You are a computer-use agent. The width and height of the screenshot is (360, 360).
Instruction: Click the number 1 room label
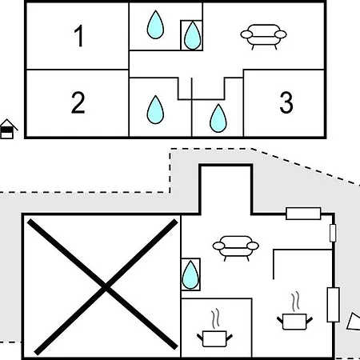coord(79,36)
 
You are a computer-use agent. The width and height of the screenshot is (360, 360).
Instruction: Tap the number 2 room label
coord(78,102)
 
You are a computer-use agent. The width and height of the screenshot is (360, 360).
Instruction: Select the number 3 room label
coord(286,102)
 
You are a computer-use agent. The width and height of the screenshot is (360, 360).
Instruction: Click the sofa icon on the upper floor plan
coord(263,37)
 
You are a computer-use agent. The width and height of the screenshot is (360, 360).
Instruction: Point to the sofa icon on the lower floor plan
coord(235,248)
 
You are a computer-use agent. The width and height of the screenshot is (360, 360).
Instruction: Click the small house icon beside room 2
coord(8,129)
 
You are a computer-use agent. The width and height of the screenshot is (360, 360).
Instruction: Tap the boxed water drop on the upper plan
coord(192,35)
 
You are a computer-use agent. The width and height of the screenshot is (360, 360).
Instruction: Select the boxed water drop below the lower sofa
coord(190,274)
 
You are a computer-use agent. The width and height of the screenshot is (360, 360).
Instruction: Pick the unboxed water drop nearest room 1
coord(155,25)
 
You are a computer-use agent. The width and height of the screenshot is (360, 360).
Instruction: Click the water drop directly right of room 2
coord(155,110)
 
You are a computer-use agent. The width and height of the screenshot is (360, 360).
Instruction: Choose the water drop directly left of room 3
coord(218,118)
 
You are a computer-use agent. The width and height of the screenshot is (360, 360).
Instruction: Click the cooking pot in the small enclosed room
coord(214,338)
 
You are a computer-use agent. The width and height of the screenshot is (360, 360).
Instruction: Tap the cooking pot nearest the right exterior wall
coord(294,322)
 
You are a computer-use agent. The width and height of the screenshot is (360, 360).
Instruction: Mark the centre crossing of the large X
coord(106,287)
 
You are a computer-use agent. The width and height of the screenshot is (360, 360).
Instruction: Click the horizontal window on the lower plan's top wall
coord(303,214)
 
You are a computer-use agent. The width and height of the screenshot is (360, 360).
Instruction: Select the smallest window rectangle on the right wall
coord(333,233)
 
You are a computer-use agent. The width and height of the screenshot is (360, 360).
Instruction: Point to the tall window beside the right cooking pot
coord(333,305)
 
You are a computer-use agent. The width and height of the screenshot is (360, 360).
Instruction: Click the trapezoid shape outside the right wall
coord(354,322)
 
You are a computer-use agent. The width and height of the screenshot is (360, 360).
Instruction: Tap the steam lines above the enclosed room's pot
coord(215,318)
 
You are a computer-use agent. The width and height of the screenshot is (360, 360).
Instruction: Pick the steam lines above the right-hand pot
coord(295,302)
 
